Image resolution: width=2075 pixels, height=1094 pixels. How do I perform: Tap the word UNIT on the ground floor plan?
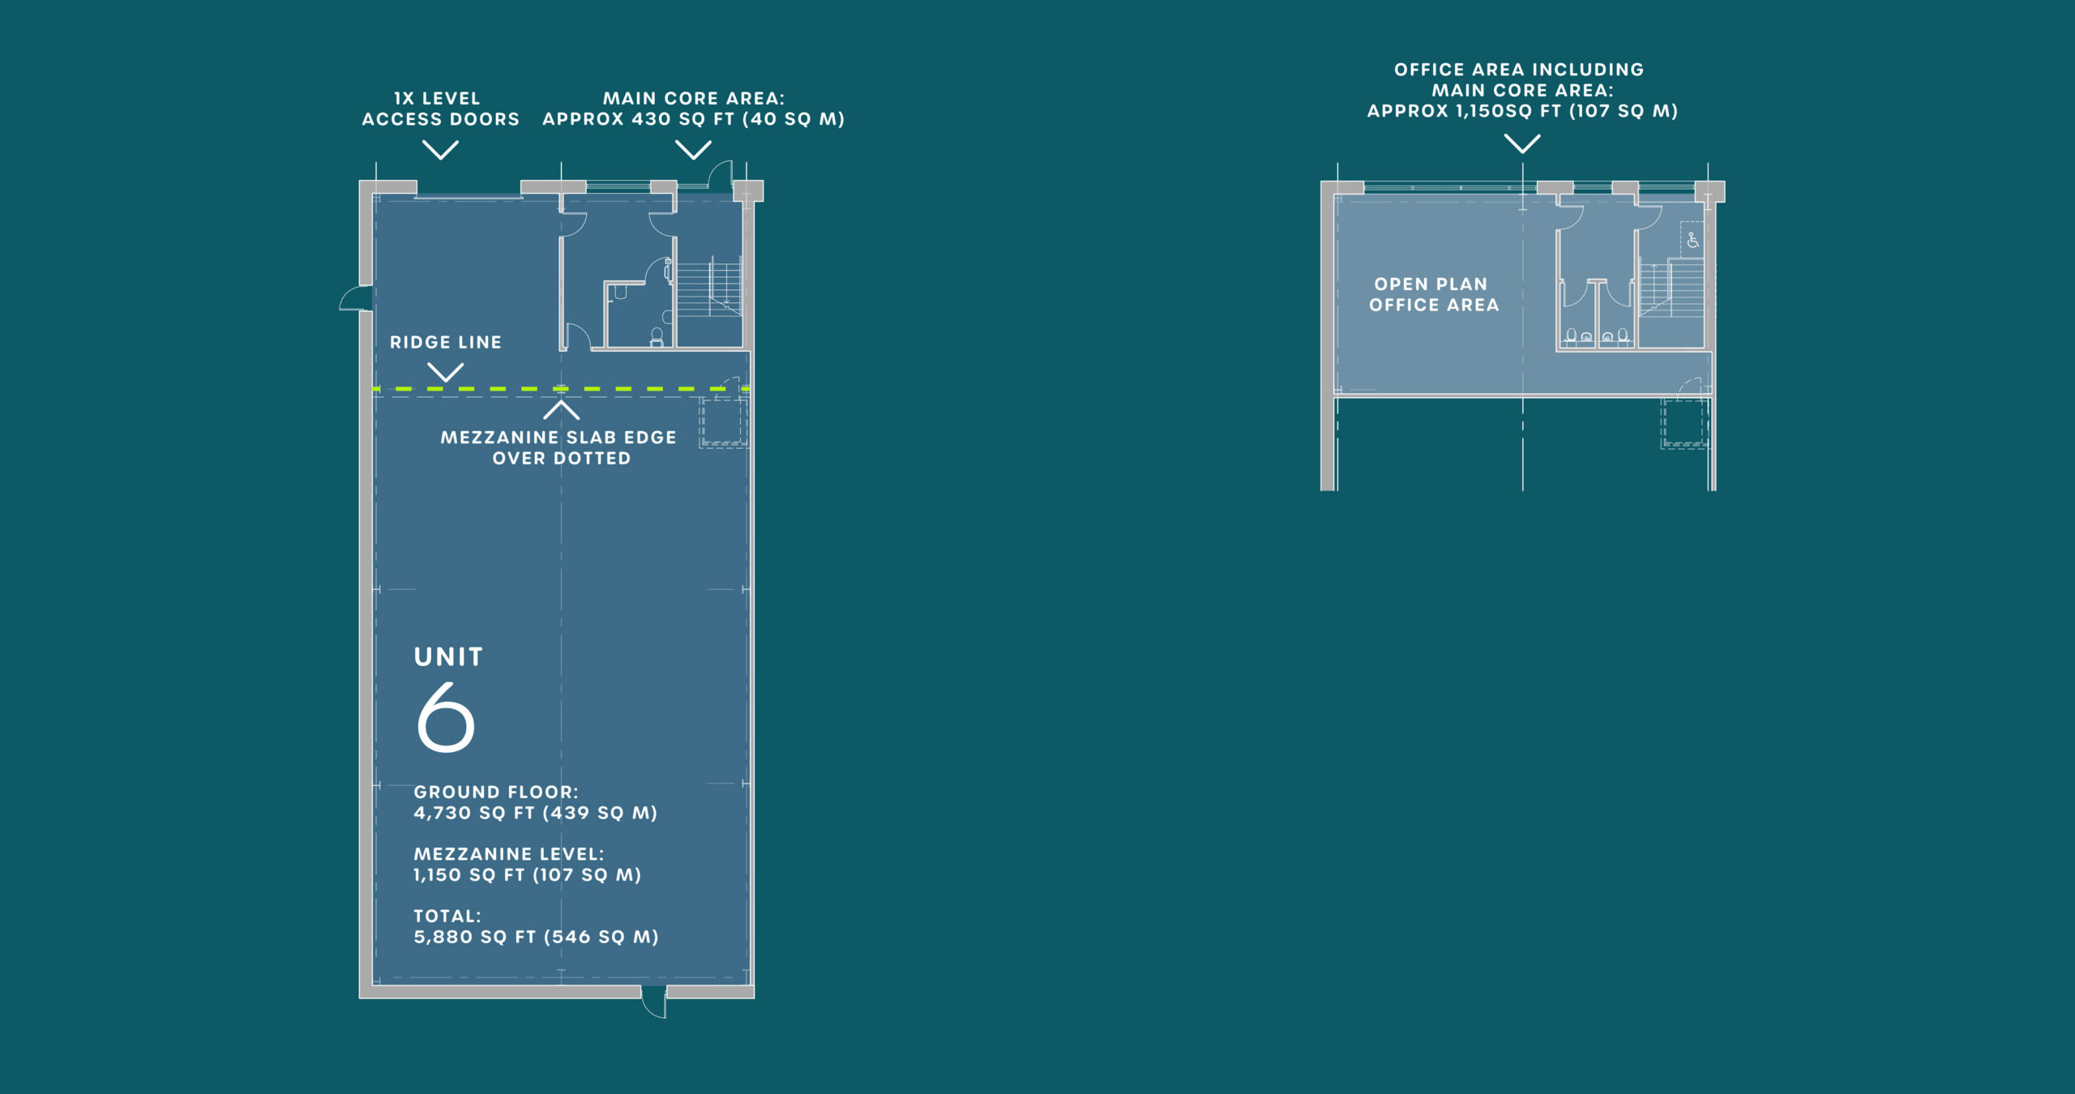(448, 656)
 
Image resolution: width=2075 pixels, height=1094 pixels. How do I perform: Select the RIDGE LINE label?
(446, 342)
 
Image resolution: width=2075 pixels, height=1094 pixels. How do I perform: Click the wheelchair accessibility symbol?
(1693, 240)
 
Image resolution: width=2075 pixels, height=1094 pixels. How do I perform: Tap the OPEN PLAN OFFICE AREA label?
(1434, 294)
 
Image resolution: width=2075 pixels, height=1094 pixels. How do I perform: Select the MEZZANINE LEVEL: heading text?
(509, 854)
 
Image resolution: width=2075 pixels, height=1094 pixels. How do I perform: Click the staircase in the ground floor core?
(709, 288)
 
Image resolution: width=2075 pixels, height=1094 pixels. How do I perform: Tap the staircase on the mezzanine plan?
(1673, 288)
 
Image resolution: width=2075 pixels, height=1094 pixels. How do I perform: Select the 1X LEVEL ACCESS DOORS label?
(440, 109)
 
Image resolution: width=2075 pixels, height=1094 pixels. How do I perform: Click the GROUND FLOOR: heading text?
(496, 792)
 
